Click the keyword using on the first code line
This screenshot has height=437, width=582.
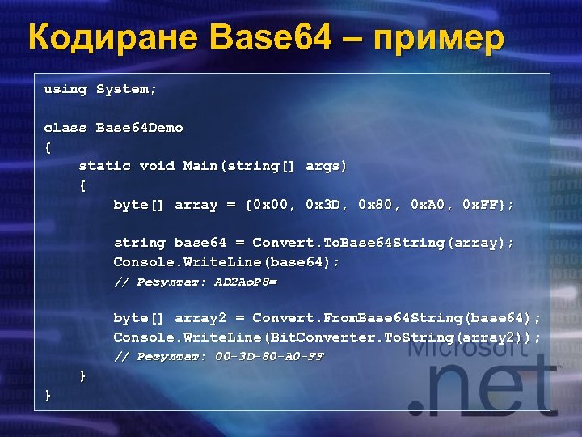click(65, 89)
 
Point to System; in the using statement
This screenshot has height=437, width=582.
click(127, 89)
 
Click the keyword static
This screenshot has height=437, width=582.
click(104, 166)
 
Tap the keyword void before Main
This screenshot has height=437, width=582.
click(157, 166)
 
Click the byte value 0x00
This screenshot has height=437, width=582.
click(273, 205)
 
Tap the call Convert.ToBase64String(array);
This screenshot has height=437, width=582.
click(383, 243)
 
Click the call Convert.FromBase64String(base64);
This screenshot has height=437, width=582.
click(397, 318)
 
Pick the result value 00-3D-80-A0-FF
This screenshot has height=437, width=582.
click(270, 357)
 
